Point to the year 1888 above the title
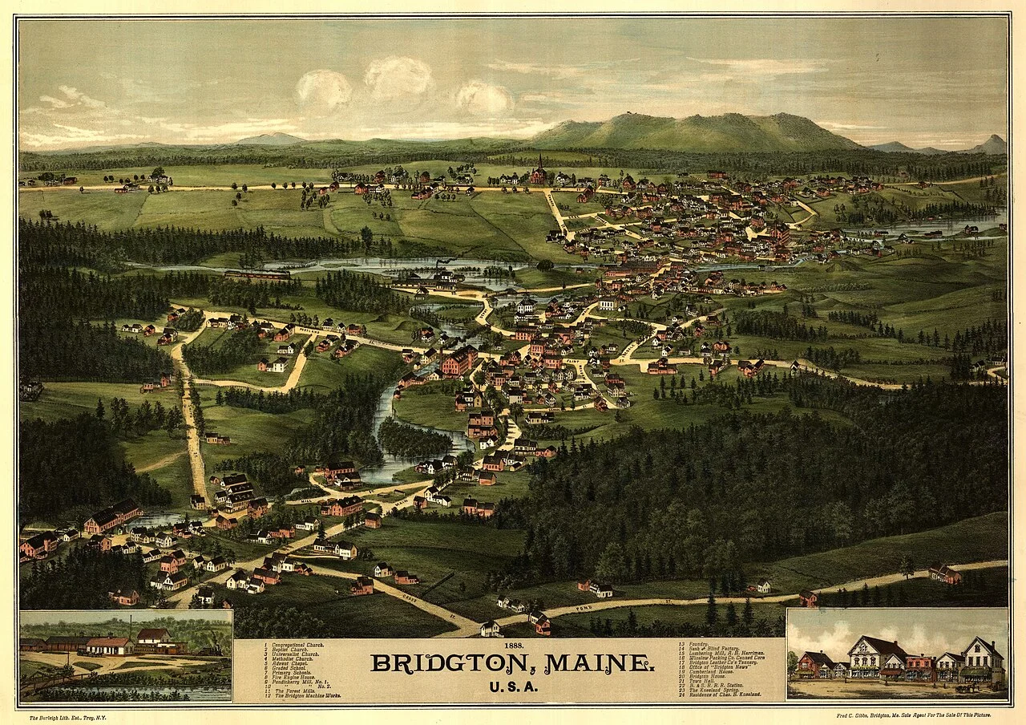(512, 646)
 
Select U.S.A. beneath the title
(512, 686)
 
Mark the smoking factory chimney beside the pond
(437, 265)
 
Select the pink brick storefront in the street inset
(918, 665)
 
